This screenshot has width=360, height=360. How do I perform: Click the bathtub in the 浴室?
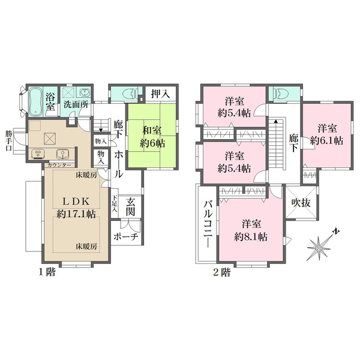click(36, 101)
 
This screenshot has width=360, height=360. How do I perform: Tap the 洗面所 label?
click(76, 104)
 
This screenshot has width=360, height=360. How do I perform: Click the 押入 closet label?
click(160, 94)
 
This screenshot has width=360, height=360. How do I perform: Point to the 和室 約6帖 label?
click(152, 137)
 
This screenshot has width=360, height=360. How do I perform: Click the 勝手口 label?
click(9, 141)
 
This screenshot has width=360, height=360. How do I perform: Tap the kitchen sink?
click(62, 154)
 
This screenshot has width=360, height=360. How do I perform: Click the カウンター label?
click(59, 165)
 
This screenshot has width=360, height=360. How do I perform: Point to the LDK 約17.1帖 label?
click(76, 208)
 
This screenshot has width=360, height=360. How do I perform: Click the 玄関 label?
click(130, 208)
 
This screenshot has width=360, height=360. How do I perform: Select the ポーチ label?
click(125, 236)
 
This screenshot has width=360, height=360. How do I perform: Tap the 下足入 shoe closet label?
click(115, 204)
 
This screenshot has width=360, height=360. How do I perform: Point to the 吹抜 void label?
click(301, 203)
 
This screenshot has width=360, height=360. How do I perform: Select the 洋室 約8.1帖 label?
click(251, 230)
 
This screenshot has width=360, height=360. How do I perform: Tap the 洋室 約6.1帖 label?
click(327, 134)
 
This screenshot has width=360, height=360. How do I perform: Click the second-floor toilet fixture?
click(277, 94)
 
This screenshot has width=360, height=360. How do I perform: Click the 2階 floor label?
click(222, 272)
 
